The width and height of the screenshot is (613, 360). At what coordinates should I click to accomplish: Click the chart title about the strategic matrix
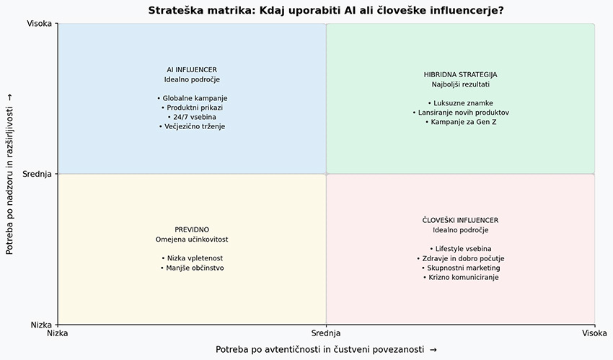click(x=326, y=10)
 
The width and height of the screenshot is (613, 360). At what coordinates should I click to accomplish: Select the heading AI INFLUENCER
click(x=192, y=69)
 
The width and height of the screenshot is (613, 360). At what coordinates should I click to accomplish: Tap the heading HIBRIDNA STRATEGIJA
click(x=461, y=74)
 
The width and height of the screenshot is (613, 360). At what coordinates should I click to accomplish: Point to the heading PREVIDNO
click(x=192, y=229)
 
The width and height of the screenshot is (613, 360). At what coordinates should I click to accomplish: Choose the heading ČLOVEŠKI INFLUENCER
click(x=461, y=220)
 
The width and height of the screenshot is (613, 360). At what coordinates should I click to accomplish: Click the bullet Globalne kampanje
click(x=192, y=98)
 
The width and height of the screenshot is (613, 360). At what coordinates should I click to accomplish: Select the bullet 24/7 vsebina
click(x=192, y=117)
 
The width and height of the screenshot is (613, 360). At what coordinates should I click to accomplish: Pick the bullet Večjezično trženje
click(x=192, y=126)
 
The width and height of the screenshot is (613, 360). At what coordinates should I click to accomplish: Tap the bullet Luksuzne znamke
click(x=461, y=103)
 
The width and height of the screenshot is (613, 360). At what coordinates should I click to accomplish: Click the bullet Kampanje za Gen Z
click(x=461, y=122)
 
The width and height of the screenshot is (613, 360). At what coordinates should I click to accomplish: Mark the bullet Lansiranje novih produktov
click(x=461, y=113)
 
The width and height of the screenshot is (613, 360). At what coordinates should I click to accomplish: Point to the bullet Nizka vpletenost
click(x=192, y=258)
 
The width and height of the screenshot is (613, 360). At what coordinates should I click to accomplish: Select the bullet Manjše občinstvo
click(x=192, y=268)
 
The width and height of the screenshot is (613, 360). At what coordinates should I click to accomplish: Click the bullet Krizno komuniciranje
click(x=461, y=277)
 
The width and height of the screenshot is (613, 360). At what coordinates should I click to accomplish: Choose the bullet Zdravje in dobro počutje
click(x=461, y=258)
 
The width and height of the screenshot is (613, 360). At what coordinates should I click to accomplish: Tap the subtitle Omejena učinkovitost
click(x=192, y=240)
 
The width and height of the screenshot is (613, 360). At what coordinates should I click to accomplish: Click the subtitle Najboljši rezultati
click(x=461, y=84)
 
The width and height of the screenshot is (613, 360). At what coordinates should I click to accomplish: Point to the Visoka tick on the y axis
click(x=39, y=24)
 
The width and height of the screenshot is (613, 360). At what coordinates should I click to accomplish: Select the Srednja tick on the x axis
click(x=326, y=333)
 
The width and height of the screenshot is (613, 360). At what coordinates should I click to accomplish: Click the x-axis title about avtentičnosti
click(x=326, y=349)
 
